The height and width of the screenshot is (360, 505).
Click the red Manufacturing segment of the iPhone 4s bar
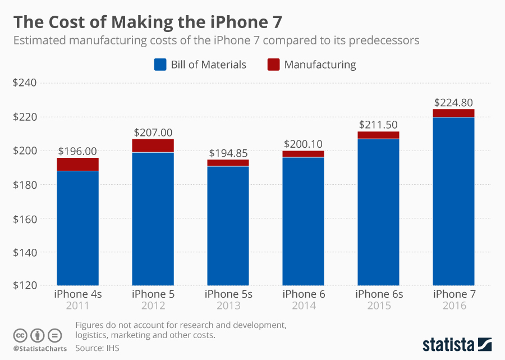point(77,164)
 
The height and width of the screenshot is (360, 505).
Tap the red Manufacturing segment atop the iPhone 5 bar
point(153,145)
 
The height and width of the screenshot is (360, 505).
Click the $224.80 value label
point(453,103)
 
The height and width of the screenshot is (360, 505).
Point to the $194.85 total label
point(228,153)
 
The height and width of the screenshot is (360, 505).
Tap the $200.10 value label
point(303,144)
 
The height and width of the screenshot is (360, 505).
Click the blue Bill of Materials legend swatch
point(160,65)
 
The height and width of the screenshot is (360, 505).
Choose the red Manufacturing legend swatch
point(273,65)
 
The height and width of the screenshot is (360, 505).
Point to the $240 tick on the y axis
point(25,83)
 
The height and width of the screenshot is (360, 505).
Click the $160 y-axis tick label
point(25,218)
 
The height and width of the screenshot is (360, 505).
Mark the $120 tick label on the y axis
point(25,286)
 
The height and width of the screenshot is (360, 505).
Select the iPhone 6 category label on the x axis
point(303,294)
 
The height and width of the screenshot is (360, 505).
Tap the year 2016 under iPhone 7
point(453,306)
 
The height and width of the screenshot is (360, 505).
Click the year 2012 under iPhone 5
point(153,306)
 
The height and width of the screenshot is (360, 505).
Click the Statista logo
point(457,343)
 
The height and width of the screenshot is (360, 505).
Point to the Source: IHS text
point(97,348)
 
